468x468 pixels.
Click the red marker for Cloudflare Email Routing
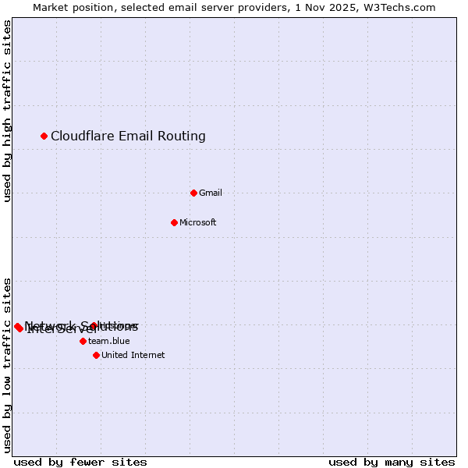pyautogui.click(x=44, y=136)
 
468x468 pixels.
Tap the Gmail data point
pyautogui.click(x=194, y=193)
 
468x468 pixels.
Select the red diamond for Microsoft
pyautogui.click(x=175, y=222)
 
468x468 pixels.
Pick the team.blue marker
pyautogui.click(x=83, y=341)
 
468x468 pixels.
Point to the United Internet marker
pyautogui.click(x=96, y=355)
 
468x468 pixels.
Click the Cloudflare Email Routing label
pyautogui.click(x=128, y=136)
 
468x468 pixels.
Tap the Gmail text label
pyautogui.click(x=211, y=193)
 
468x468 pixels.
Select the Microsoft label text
pyautogui.click(x=197, y=222)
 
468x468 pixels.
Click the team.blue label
pyautogui.click(x=108, y=341)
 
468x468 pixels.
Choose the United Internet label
pyautogui.click(x=133, y=355)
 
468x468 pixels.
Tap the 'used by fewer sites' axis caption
pyautogui.click(x=80, y=462)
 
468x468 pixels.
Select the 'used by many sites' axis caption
pyautogui.click(x=392, y=462)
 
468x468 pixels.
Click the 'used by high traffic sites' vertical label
pyautogui.click(x=7, y=111)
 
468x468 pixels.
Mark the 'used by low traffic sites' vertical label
pyautogui.click(x=7, y=364)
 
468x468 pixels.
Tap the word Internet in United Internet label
pyautogui.click(x=147, y=355)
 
